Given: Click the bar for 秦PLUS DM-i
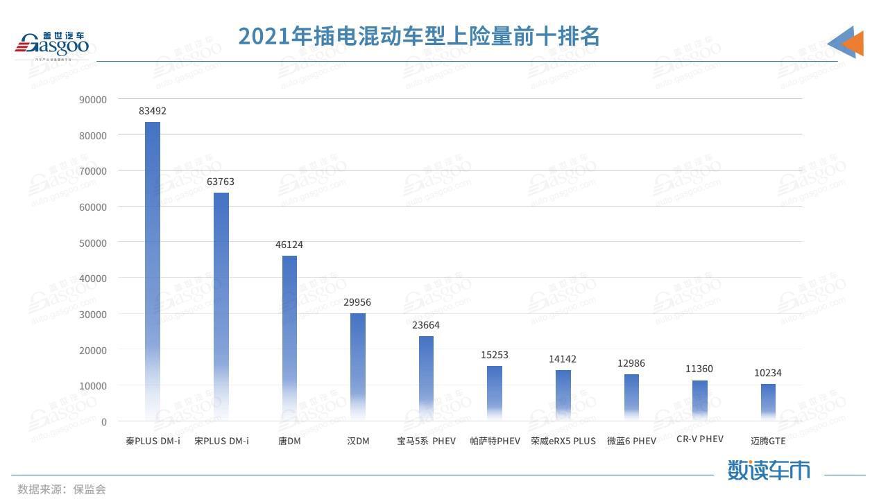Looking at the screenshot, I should click(153, 270).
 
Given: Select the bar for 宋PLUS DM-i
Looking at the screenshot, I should click(221, 305).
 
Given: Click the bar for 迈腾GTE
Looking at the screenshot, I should click(768, 402).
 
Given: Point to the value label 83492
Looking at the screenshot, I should click(153, 111).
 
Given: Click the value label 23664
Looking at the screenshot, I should click(426, 325).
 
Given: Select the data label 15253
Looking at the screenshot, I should click(495, 355).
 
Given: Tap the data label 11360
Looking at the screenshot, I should click(699, 369).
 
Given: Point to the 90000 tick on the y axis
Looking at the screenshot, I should click(93, 99).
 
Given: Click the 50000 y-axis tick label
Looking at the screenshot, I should click(93, 243).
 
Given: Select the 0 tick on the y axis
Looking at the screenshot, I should click(104, 421).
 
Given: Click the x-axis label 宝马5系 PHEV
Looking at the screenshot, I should click(426, 441).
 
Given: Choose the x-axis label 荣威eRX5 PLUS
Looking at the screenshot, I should click(563, 441).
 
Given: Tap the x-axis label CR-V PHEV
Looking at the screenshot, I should click(699, 439).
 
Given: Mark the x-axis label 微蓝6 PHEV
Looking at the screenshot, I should click(631, 441).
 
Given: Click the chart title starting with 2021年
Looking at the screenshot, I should click(419, 36).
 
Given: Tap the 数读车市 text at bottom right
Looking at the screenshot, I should click(769, 470).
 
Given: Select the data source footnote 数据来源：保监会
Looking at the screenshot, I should click(62, 489).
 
